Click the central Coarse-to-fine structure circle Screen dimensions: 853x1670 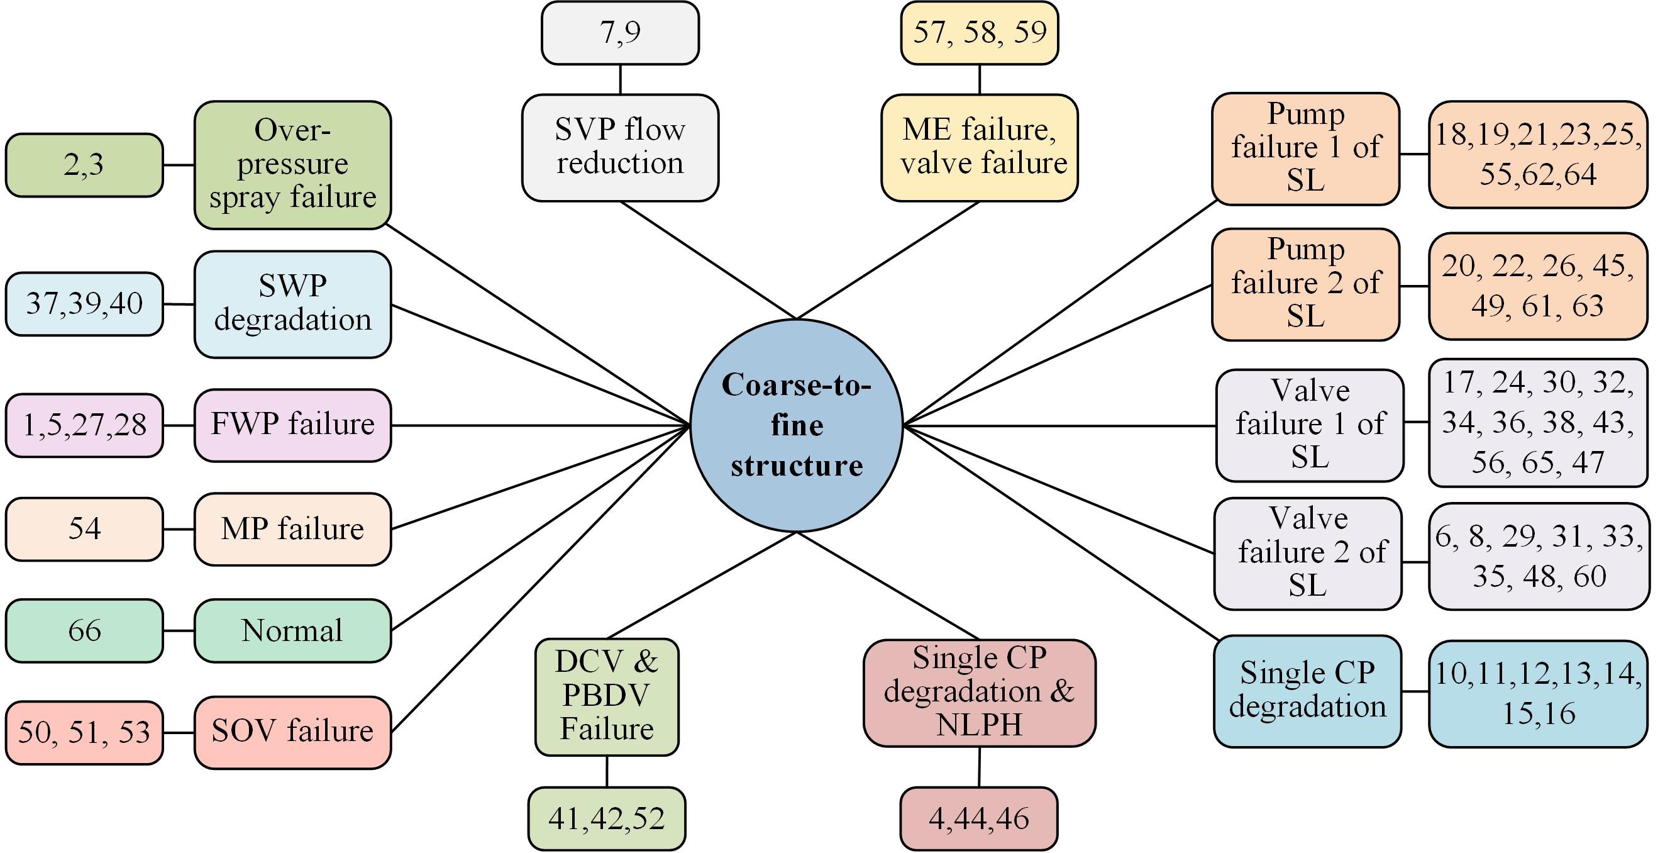[796, 425]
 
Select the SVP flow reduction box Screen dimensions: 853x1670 [620, 147]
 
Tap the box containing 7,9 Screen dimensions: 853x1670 [620, 33]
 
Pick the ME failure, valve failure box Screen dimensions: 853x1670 [979, 147]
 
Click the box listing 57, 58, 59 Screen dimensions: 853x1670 [979, 33]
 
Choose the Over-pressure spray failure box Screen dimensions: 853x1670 [292, 165]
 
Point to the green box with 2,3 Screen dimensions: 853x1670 [84, 165]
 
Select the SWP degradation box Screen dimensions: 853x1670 [292, 304]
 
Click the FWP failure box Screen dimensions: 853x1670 [292, 425]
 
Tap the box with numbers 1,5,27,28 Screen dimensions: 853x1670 [84, 425]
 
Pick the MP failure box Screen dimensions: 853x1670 [292, 528]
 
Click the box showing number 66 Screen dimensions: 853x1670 [84, 630]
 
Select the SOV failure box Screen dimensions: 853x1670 [292, 732]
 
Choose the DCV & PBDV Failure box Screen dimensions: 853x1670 [607, 696]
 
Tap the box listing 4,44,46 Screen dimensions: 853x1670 [978, 818]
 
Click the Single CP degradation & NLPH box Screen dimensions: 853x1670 [979, 692]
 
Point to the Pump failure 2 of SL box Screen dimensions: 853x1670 [1305, 284]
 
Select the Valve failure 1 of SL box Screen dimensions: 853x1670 [1310, 425]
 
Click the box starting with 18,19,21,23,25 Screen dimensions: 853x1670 [1538, 154]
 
